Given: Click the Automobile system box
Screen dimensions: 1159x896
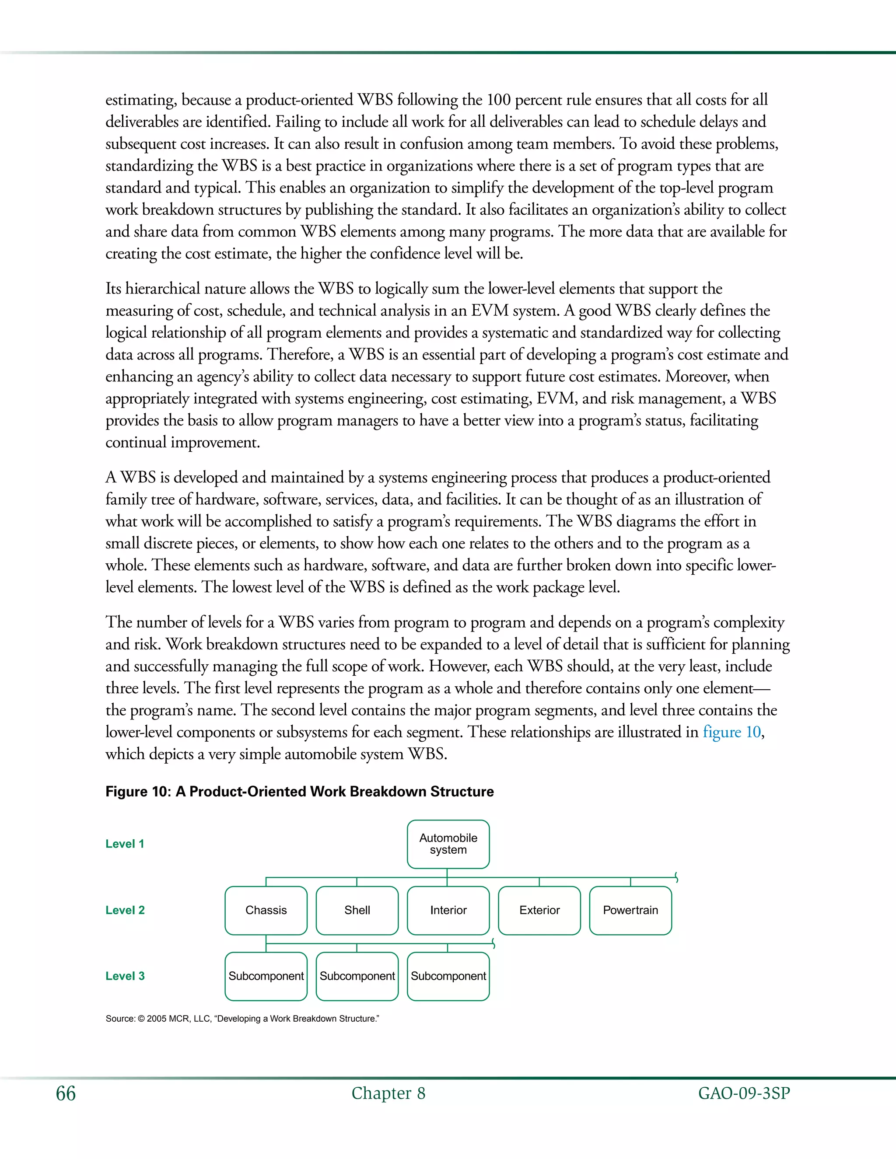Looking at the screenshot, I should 448,844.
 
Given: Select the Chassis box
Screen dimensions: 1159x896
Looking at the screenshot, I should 266,910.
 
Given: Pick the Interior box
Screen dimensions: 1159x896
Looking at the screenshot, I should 448,910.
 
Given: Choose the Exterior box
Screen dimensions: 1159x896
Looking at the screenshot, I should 539,910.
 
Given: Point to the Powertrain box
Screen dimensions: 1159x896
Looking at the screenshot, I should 630,910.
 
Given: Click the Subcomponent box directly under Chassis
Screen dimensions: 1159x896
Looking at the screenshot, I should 266,976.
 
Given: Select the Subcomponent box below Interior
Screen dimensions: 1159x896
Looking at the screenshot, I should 448,976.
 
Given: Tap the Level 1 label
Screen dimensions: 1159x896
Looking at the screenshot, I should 125,844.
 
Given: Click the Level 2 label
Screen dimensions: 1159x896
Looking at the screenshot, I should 125,910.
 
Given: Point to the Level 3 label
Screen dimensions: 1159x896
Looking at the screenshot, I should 125,976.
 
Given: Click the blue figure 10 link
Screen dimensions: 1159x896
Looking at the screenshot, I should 732,732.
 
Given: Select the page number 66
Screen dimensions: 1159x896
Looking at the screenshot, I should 66,1093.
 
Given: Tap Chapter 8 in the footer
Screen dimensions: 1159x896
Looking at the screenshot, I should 388,1093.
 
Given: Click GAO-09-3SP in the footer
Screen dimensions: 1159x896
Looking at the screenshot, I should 744,1093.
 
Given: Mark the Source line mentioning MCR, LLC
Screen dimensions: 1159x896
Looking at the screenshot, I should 242,1018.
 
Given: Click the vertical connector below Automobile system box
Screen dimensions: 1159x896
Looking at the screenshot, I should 448,873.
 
